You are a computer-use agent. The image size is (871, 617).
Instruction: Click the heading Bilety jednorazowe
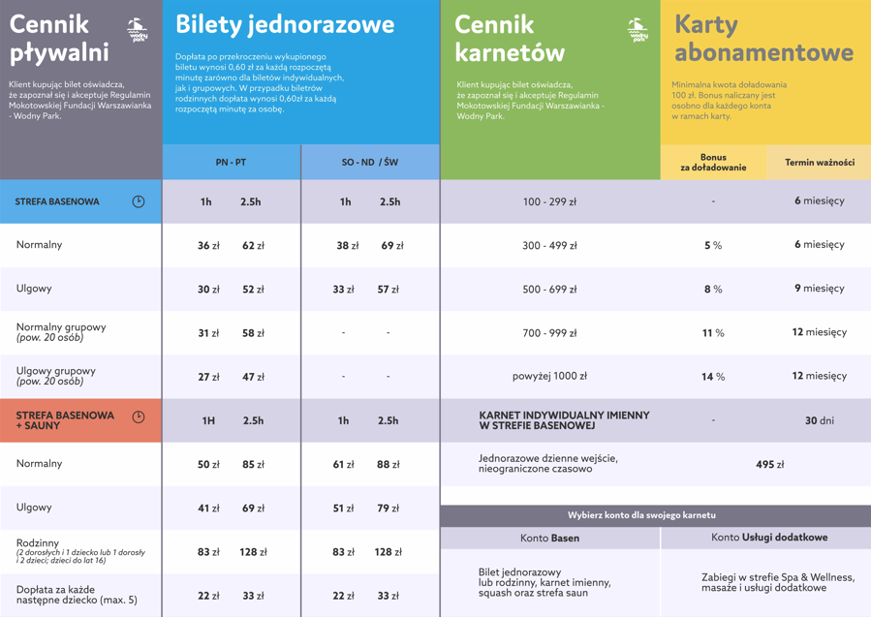(285, 24)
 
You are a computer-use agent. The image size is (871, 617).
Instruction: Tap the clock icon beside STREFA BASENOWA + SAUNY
(139, 417)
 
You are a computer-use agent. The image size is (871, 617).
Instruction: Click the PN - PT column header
(231, 163)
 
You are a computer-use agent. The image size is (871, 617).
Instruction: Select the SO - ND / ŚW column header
(370, 163)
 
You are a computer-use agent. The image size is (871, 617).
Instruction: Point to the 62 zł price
(253, 246)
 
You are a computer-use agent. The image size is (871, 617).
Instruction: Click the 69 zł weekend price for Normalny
(391, 246)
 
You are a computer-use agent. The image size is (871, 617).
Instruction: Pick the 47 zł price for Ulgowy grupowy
(253, 377)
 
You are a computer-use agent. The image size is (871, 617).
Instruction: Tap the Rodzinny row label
(38, 543)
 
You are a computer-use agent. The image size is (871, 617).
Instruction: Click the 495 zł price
(769, 465)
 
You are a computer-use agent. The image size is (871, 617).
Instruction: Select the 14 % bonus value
(713, 377)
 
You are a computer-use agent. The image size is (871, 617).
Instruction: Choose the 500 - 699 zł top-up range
(549, 290)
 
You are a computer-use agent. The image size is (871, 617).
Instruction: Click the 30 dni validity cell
(819, 421)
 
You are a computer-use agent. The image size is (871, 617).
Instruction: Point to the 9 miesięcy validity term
(819, 289)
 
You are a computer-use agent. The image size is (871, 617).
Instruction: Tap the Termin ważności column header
(819, 163)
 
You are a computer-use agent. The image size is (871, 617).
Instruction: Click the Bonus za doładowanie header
(713, 163)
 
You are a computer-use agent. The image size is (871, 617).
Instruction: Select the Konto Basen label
(549, 538)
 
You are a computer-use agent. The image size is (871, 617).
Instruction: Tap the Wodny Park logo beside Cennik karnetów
(637, 30)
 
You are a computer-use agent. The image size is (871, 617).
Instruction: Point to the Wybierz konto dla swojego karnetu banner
(656, 515)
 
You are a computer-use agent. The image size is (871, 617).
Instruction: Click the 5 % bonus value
(713, 246)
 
